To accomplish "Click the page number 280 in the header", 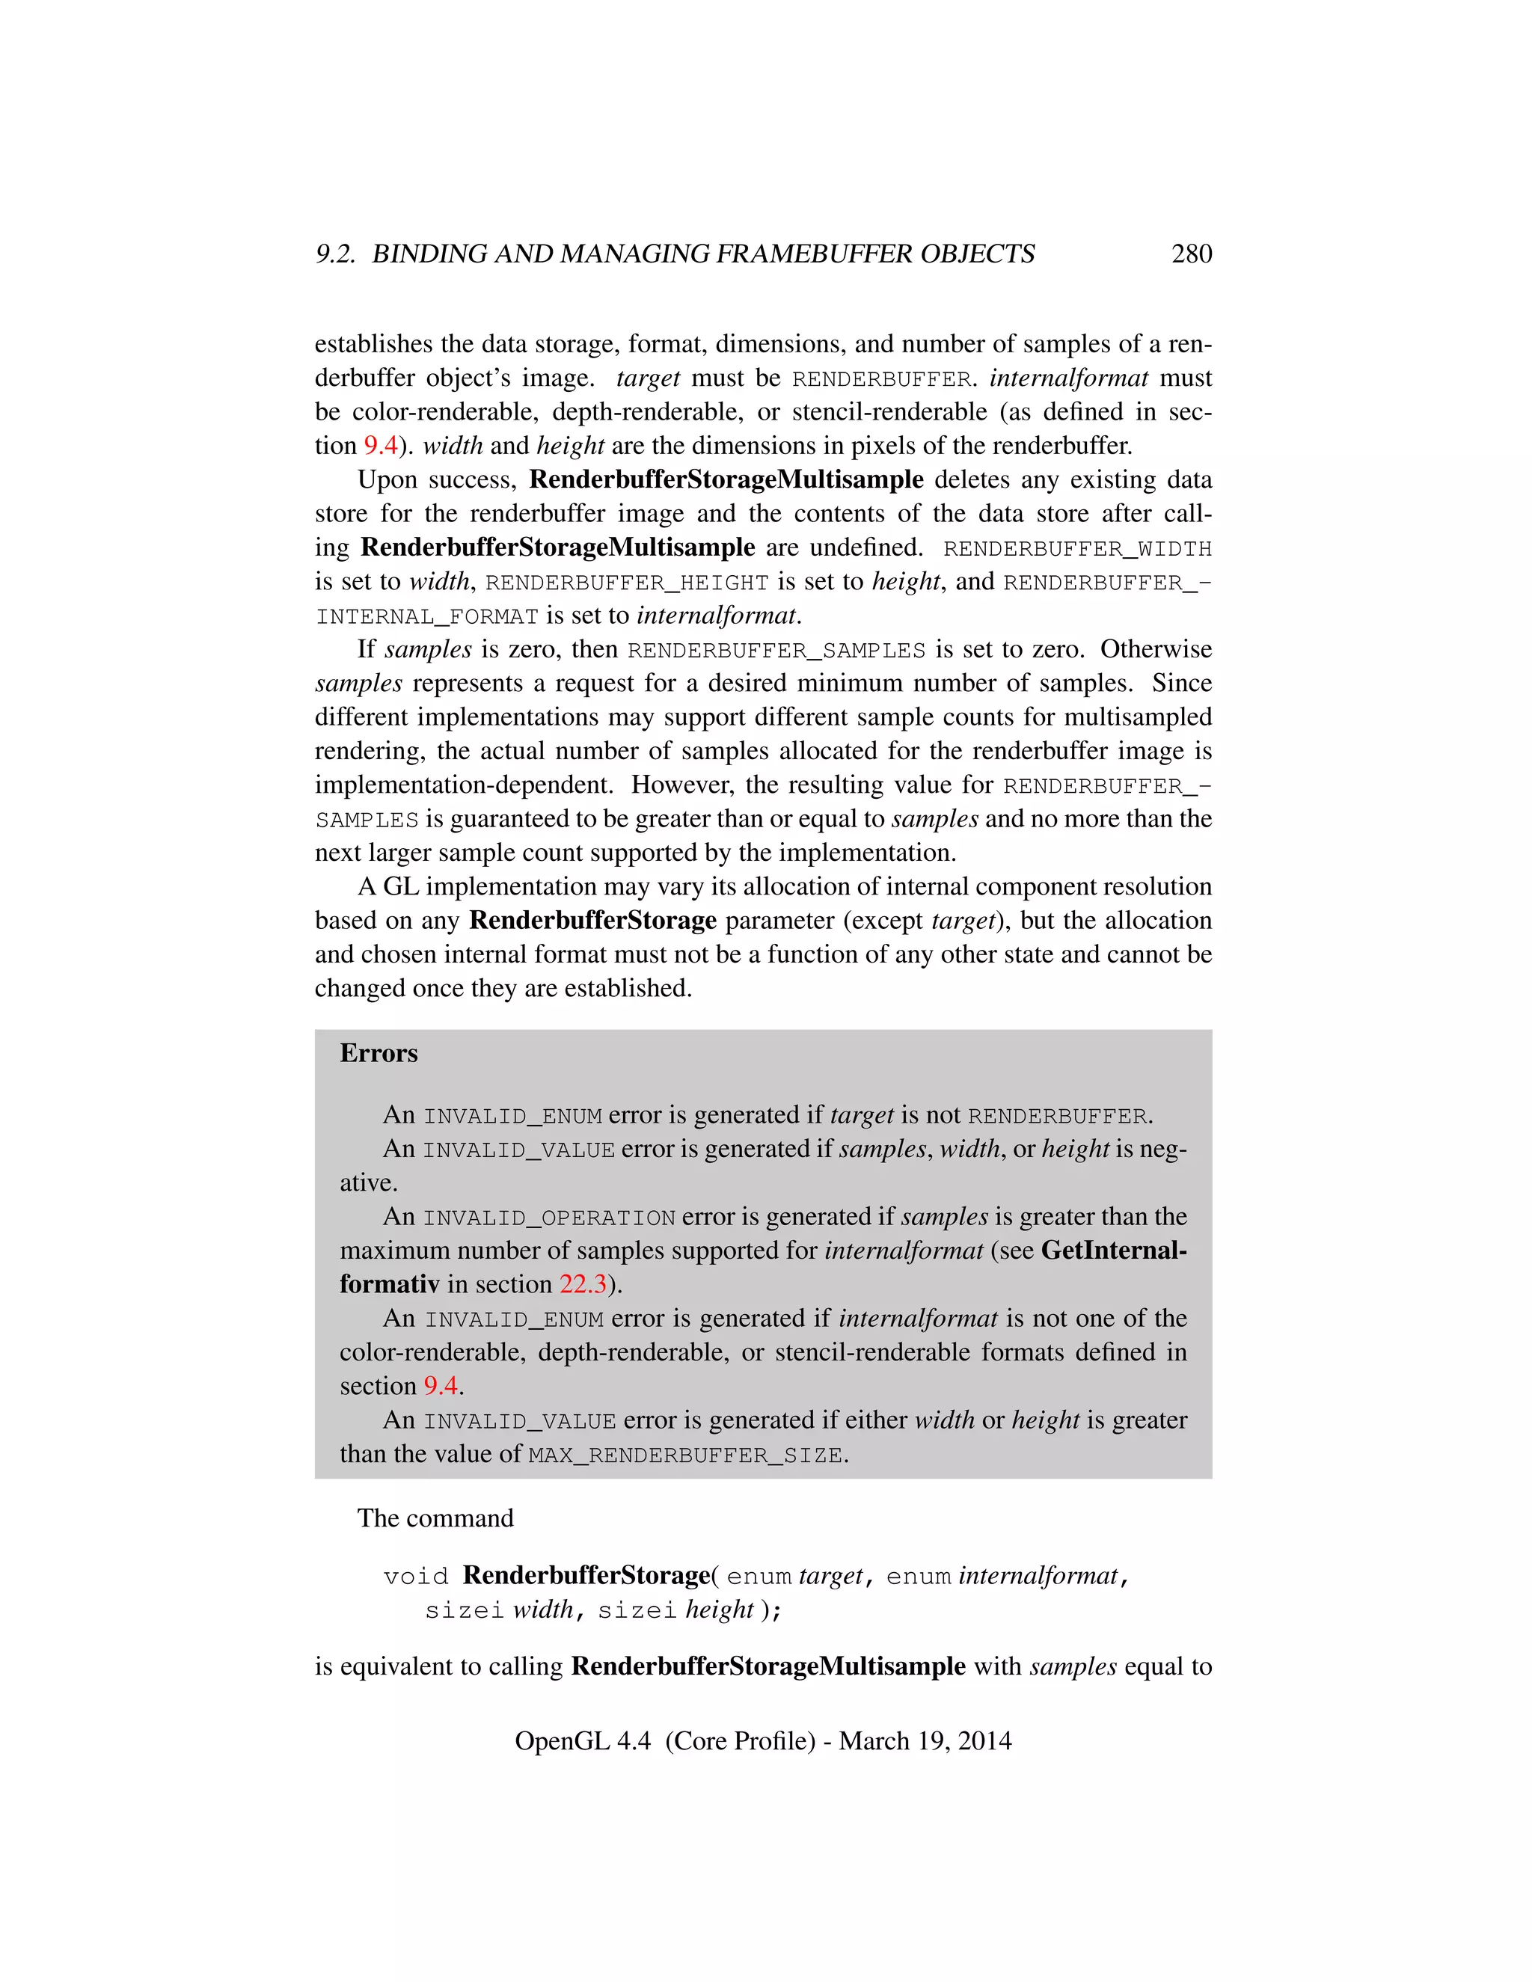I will [x=1191, y=254].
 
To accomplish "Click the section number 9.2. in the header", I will [x=336, y=254].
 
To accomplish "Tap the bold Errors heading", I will [x=379, y=1053].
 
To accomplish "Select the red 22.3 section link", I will [x=583, y=1284].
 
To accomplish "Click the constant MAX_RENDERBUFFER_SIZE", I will [x=686, y=1455].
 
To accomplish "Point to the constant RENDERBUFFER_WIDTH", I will [x=1077, y=549].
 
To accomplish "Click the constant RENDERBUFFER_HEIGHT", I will [x=627, y=583].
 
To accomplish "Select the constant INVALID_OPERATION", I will [x=549, y=1218].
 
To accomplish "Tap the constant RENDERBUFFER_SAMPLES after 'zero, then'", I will [x=776, y=651].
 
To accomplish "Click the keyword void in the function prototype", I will [x=416, y=1577].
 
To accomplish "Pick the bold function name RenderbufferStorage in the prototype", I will [x=586, y=1575].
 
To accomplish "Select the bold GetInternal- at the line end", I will [x=1114, y=1251].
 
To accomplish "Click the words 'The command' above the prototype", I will [x=435, y=1518].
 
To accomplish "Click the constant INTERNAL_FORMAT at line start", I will [x=426, y=617].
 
